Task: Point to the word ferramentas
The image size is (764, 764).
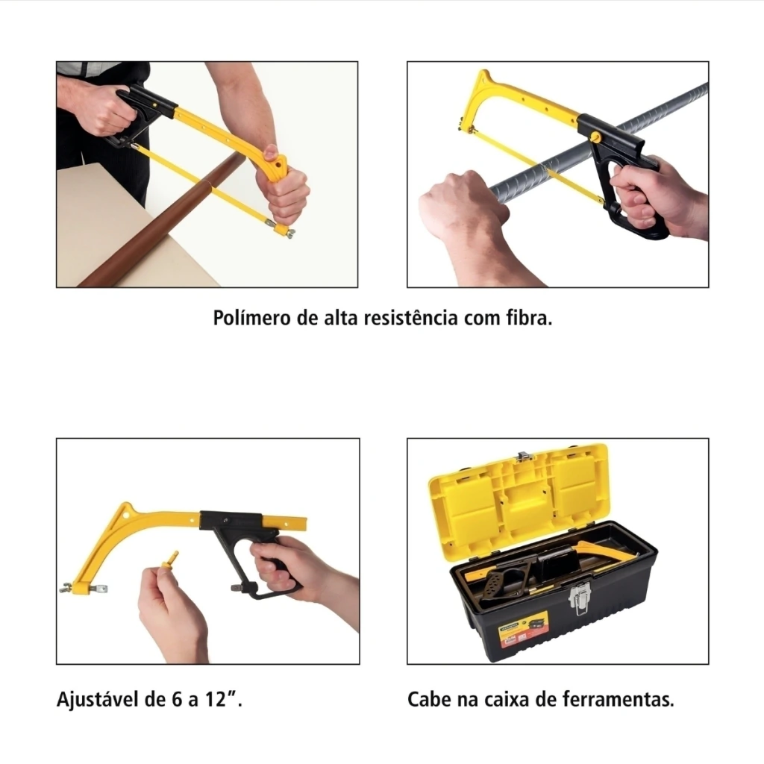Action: pos(619,699)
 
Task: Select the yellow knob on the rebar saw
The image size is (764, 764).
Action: pos(595,137)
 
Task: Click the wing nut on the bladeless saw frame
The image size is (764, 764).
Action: pos(66,588)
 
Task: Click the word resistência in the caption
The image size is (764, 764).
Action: pos(411,318)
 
